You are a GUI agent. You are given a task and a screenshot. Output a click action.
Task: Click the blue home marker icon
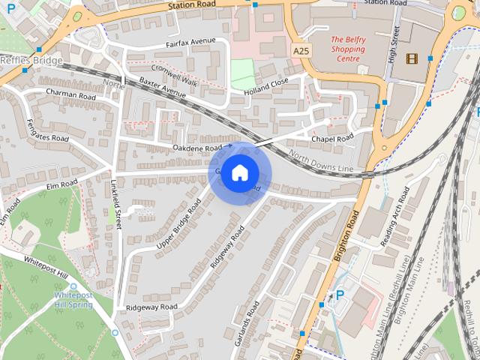tap(239, 173)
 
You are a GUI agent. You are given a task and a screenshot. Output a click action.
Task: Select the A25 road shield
tap(301, 50)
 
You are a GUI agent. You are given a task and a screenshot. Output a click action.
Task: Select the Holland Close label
tap(265, 87)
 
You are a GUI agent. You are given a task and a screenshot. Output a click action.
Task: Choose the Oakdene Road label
tap(199, 148)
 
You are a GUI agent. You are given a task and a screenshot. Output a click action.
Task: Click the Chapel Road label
tap(331, 139)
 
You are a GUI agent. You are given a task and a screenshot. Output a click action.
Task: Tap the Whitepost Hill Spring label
tap(73, 301)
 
